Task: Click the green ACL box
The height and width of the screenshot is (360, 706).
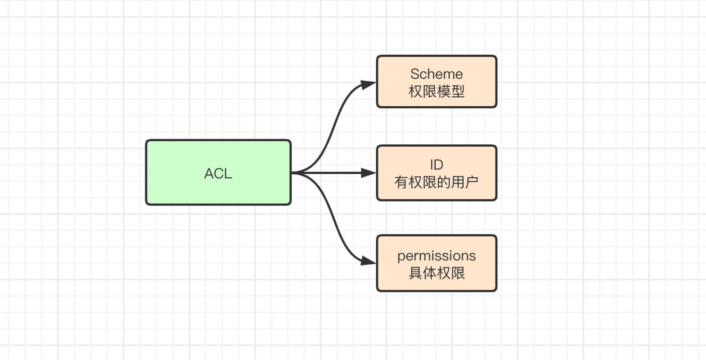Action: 218,172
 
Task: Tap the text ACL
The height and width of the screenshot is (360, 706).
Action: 218,174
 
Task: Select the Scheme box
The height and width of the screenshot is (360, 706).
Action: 437,82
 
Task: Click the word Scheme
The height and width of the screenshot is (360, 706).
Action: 436,74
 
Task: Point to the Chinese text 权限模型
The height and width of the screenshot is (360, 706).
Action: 436,91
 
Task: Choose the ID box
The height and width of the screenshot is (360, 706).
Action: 437,173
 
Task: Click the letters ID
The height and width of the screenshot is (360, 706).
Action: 437,165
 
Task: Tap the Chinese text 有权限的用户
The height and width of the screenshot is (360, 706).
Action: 436,182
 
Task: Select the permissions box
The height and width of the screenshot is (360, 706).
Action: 437,263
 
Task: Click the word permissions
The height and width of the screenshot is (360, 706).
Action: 437,256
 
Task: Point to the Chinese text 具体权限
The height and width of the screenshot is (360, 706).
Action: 437,273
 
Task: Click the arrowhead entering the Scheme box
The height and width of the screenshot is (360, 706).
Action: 368,85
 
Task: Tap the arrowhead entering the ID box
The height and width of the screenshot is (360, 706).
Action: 369,173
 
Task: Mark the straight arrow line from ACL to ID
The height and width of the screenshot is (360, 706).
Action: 334,173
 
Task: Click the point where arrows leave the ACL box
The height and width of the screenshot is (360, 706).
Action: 292,173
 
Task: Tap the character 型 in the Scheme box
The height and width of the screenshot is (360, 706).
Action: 458,91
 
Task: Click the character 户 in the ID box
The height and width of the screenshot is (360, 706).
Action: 472,182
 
